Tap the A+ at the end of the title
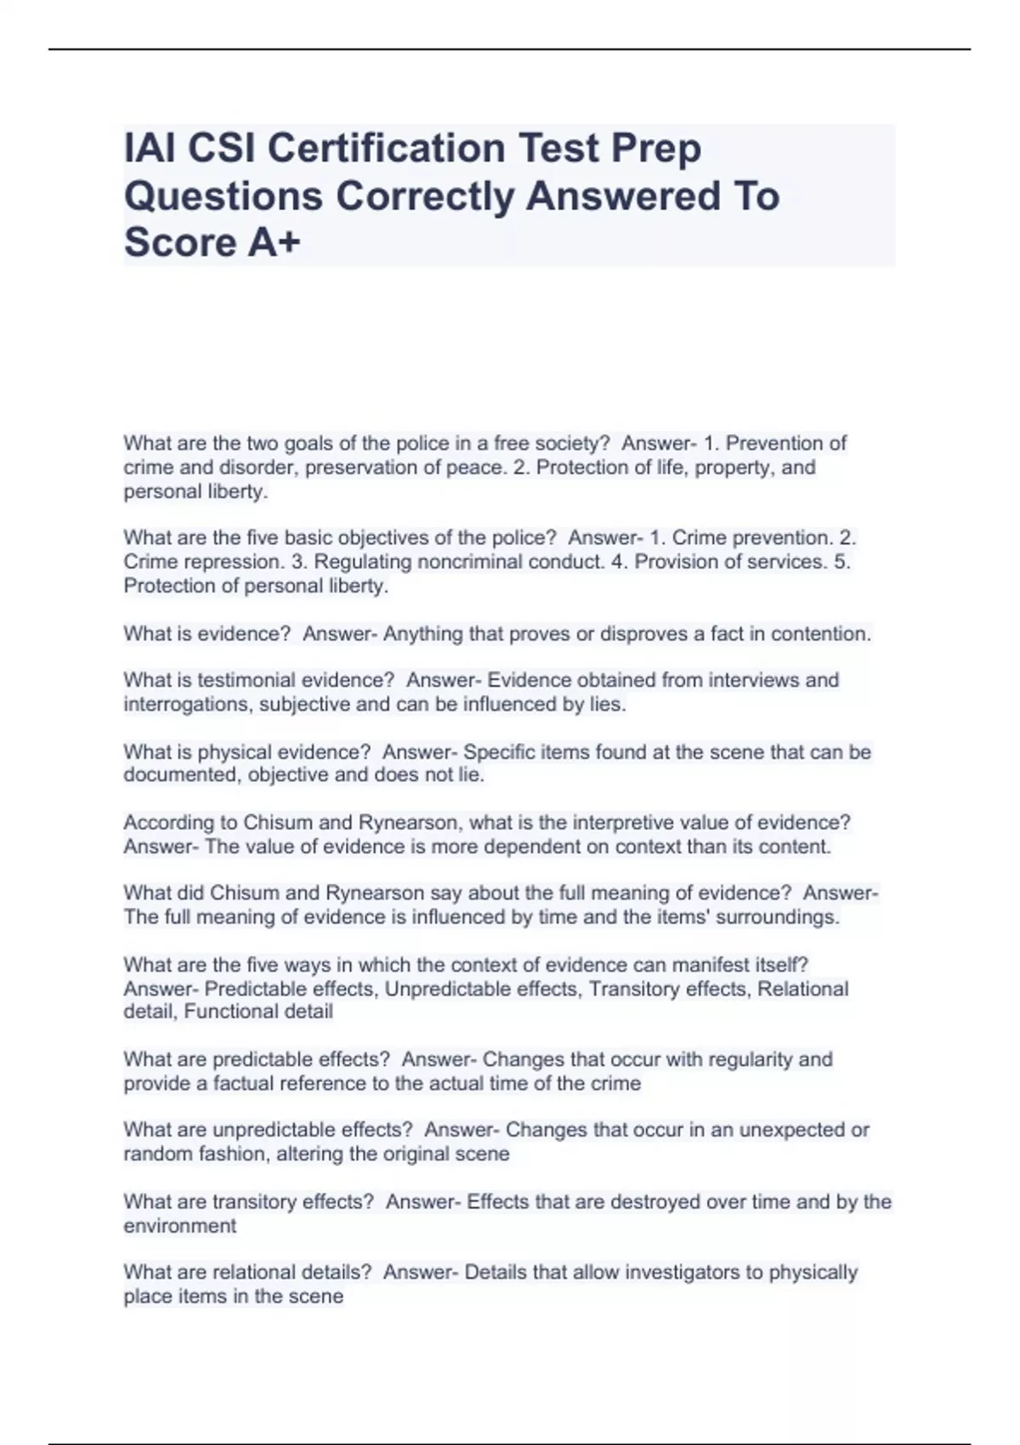point(275,242)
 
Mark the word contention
point(821,634)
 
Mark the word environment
point(179,1226)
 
